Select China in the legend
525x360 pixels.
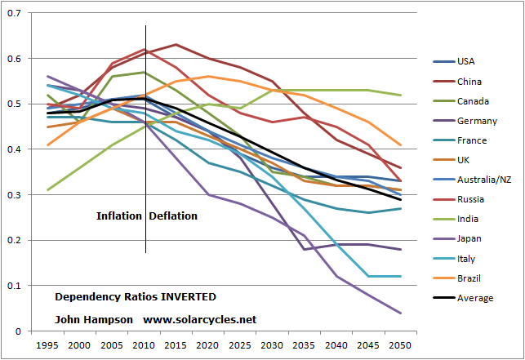pos(469,81)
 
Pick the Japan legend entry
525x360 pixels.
pos(469,238)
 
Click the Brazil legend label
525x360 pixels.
pos(469,278)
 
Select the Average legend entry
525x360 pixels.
pos(475,298)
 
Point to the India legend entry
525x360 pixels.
pos(468,219)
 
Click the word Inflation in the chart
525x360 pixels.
pos(120,216)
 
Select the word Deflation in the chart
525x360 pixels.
pos(173,216)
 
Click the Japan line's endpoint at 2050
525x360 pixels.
pos(400,313)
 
